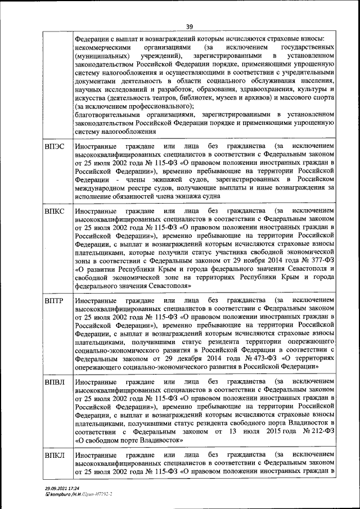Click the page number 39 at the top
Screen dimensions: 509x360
click(190, 26)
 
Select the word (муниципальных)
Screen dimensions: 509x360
click(102, 57)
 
